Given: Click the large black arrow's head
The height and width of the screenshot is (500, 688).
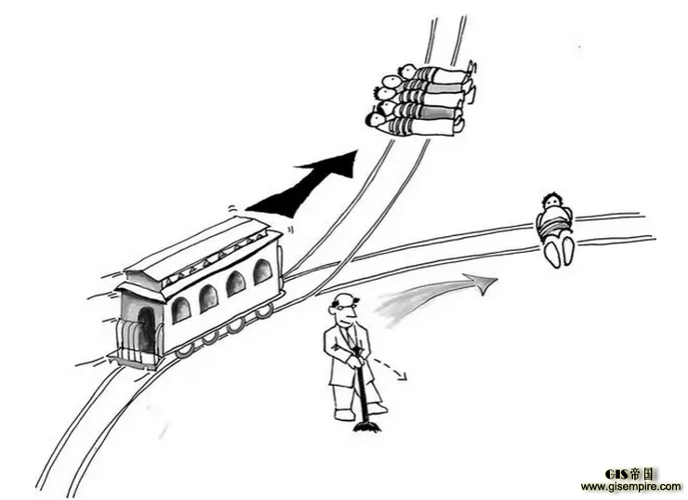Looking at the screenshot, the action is pyautogui.click(x=334, y=164).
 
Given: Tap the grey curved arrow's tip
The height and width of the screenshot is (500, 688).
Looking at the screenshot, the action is pyautogui.click(x=496, y=279).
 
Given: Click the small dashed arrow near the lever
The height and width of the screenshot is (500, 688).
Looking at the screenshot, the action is pyautogui.click(x=389, y=368).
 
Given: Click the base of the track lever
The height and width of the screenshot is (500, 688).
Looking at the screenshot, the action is pyautogui.click(x=366, y=427).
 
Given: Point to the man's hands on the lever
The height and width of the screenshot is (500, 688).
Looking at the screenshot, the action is pyautogui.click(x=356, y=362).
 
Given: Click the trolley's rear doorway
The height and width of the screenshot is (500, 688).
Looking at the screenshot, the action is pyautogui.click(x=146, y=330).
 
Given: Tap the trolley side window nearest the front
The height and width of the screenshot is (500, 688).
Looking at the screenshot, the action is pyautogui.click(x=262, y=271).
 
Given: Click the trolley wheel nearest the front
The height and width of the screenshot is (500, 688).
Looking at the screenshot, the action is pyautogui.click(x=265, y=310).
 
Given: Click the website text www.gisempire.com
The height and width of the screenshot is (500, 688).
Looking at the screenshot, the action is pyautogui.click(x=631, y=486).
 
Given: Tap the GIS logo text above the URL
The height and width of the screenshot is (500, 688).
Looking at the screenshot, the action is pyautogui.click(x=629, y=474).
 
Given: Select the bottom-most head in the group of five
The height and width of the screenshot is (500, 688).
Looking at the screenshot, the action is pyautogui.click(x=377, y=120).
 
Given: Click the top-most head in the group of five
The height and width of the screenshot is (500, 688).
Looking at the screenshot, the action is pyautogui.click(x=409, y=71).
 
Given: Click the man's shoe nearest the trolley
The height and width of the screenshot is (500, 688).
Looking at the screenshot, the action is pyautogui.click(x=344, y=414).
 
